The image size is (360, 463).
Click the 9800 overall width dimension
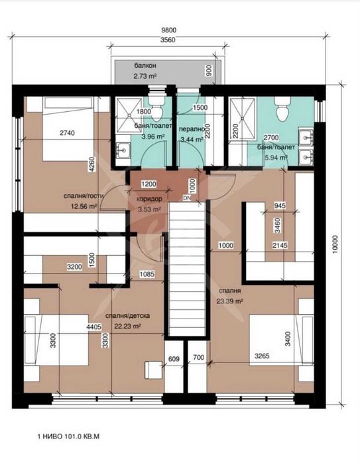pyautogui.click(x=169, y=30)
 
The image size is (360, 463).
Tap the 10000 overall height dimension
pyautogui.click(x=334, y=244)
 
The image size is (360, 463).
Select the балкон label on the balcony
pyautogui.click(x=145, y=66)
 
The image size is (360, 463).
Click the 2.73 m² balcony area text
pyautogui.click(x=145, y=76)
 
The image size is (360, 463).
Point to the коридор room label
pyautogui.click(x=149, y=199)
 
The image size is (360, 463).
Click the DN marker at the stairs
pyautogui.click(x=187, y=198)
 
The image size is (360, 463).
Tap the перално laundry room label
pyautogui.click(x=192, y=129)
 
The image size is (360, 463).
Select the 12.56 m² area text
pyautogui.click(x=84, y=207)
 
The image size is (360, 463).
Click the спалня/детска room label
pyautogui.click(x=128, y=316)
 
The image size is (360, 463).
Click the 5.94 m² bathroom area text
pyautogui.click(x=276, y=158)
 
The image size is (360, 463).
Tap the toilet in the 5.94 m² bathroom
pyautogui.click(x=282, y=109)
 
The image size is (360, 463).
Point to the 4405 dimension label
pyautogui.click(x=94, y=327)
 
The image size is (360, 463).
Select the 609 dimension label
pyautogui.click(x=174, y=359)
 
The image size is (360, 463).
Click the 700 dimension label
pyautogui.click(x=198, y=357)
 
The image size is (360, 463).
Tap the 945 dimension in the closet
pyautogui.click(x=280, y=205)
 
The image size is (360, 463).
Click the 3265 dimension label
pyautogui.click(x=262, y=356)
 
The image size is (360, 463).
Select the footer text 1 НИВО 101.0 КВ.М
pyautogui.click(x=68, y=437)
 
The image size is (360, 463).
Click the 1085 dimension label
pyautogui.click(x=147, y=274)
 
